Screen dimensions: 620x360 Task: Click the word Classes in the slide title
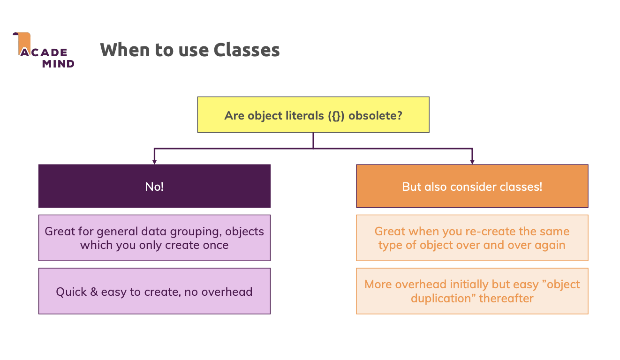pyautogui.click(x=247, y=50)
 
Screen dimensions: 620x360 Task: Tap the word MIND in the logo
pyautogui.click(x=58, y=64)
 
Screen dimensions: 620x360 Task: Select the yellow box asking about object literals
pyautogui.click(x=313, y=114)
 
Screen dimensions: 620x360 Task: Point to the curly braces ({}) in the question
pyautogui.click(x=336, y=116)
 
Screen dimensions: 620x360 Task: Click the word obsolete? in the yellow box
pyautogui.click(x=375, y=115)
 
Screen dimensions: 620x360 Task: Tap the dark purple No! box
pyautogui.click(x=154, y=186)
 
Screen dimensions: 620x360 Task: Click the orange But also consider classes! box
pyautogui.click(x=472, y=186)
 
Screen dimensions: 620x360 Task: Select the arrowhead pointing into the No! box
pyautogui.click(x=154, y=162)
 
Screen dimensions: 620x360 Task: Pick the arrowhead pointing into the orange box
pyautogui.click(x=472, y=162)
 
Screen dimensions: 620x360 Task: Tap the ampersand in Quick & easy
pyautogui.click(x=94, y=292)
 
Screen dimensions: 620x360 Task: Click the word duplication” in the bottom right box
pyautogui.click(x=443, y=299)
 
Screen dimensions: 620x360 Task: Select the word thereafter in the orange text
pyautogui.click(x=506, y=299)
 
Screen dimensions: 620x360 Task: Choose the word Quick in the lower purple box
pyautogui.click(x=71, y=292)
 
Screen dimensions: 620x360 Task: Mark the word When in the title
pyautogui.click(x=125, y=50)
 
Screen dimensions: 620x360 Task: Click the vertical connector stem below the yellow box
pyautogui.click(x=313, y=141)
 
